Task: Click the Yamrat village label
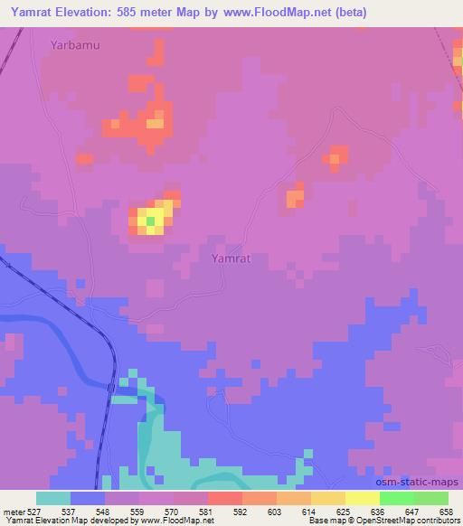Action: (x=230, y=258)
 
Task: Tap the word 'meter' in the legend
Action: (x=17, y=511)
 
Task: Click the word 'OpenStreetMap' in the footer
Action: (x=386, y=521)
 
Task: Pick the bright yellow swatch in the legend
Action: (x=362, y=498)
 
